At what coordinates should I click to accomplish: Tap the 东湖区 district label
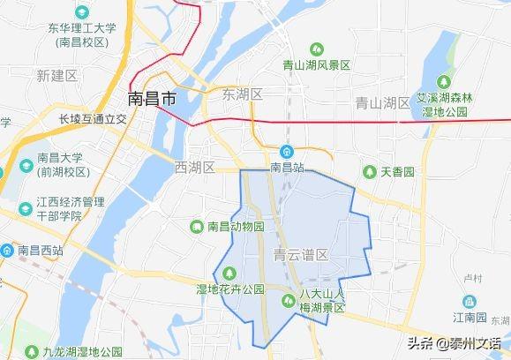click(244, 94)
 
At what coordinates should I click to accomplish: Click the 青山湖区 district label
click(382, 103)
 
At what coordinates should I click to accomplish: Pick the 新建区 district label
click(57, 77)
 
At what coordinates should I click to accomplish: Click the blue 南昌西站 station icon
click(7, 251)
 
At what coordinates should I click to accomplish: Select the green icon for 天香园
click(370, 171)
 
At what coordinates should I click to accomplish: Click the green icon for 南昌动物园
click(197, 227)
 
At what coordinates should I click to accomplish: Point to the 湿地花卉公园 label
click(230, 289)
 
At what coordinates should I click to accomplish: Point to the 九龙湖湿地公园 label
click(75, 352)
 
